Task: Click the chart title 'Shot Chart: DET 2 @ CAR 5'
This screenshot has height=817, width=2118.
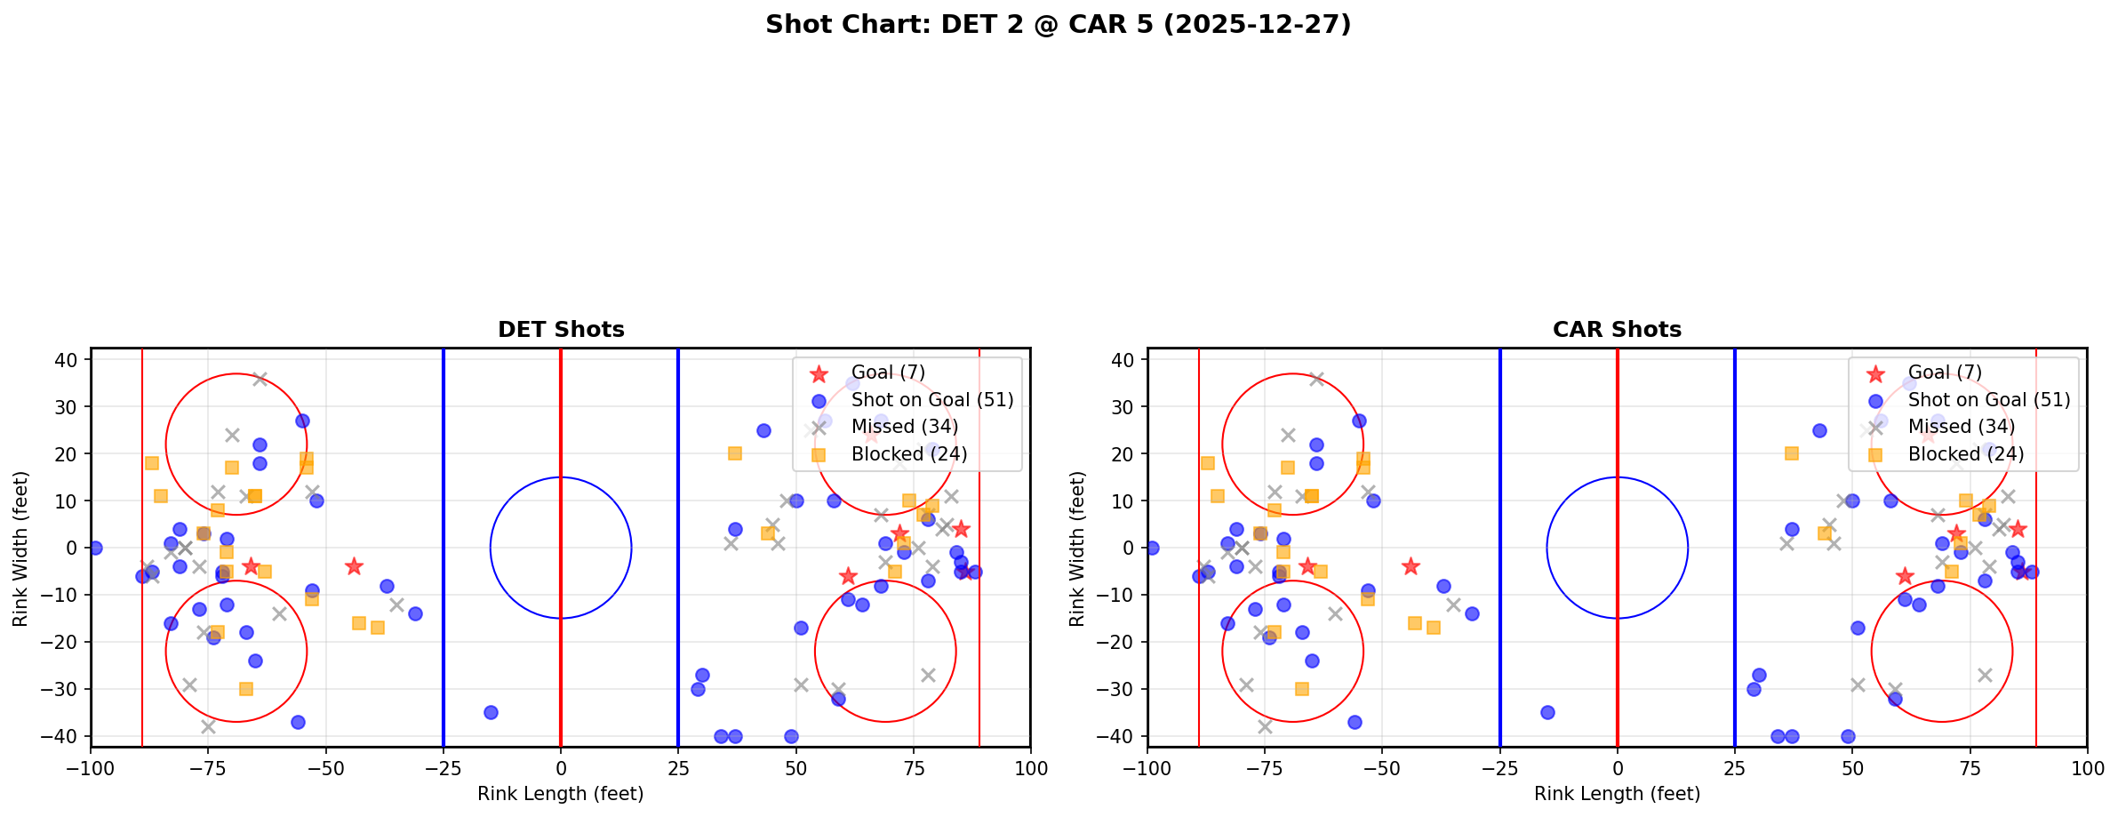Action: (1058, 25)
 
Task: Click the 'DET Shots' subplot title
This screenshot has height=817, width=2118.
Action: (561, 330)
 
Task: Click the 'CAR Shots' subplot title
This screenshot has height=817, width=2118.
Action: (1617, 330)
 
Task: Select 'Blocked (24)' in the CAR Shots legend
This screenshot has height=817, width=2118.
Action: (1965, 454)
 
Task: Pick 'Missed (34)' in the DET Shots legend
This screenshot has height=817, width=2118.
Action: (904, 427)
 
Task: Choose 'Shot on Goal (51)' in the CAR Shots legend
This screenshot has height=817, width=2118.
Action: (1989, 400)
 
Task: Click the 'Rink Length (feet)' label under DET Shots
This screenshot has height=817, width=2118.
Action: (561, 794)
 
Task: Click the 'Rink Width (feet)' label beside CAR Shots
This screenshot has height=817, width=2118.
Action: (1077, 549)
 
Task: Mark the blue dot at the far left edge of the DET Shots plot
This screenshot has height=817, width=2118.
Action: (95, 548)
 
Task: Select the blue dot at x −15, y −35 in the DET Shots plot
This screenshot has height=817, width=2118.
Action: (491, 712)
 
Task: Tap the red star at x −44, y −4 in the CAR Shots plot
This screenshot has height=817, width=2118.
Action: (1411, 566)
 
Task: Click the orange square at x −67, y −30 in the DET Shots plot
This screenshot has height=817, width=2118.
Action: (246, 689)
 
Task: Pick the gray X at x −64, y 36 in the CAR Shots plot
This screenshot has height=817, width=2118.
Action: (1316, 379)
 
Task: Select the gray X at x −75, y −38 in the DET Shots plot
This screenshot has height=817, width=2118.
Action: (208, 726)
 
